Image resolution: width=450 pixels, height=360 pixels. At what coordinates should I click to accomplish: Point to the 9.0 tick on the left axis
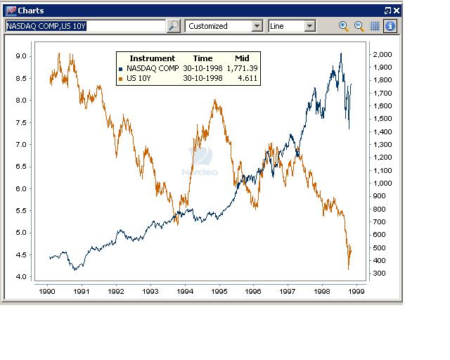(x=22, y=56)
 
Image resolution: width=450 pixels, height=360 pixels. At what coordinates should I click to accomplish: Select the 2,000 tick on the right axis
(x=383, y=55)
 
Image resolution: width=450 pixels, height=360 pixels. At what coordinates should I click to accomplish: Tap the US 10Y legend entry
(x=139, y=78)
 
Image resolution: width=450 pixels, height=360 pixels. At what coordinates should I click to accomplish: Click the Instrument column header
(x=152, y=58)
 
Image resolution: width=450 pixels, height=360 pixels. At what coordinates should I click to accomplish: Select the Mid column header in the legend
(x=242, y=58)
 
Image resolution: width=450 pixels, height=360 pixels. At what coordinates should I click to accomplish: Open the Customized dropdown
(x=224, y=26)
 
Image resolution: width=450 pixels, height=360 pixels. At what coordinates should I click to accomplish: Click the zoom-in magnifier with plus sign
(x=343, y=26)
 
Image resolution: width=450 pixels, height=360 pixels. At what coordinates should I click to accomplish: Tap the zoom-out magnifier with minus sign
(x=359, y=26)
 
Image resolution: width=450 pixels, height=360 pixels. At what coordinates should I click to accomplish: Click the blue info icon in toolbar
(x=390, y=26)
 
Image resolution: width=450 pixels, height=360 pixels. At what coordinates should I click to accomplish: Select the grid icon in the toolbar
(x=375, y=26)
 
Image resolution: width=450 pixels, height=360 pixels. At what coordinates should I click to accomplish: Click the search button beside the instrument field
(x=173, y=26)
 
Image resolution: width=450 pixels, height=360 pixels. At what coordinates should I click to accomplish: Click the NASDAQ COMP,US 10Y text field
(x=84, y=26)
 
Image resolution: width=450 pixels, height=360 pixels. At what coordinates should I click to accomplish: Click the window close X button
(x=397, y=11)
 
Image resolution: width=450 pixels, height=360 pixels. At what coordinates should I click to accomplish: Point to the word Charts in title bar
(x=31, y=11)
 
